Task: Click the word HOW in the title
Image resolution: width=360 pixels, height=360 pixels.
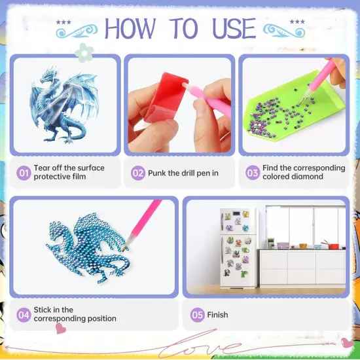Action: (130, 28)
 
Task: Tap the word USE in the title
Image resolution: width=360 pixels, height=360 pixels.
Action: (234, 28)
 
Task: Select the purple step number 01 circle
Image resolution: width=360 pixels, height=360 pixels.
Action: (24, 173)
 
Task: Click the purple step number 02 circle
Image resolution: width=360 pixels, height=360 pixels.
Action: (138, 173)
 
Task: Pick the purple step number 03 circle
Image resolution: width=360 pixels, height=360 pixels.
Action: (253, 172)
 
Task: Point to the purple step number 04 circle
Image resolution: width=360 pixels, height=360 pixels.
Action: (24, 315)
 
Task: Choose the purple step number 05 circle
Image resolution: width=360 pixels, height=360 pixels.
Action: (197, 315)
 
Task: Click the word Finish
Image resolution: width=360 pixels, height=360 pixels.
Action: (217, 315)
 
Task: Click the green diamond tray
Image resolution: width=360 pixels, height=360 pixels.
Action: (294, 105)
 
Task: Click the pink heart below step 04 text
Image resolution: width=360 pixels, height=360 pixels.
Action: (61, 329)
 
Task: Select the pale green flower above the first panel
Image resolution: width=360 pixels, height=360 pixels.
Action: (84, 53)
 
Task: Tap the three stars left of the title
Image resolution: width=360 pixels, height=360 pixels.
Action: (63, 22)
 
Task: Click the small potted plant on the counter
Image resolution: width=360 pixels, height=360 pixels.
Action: (271, 243)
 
